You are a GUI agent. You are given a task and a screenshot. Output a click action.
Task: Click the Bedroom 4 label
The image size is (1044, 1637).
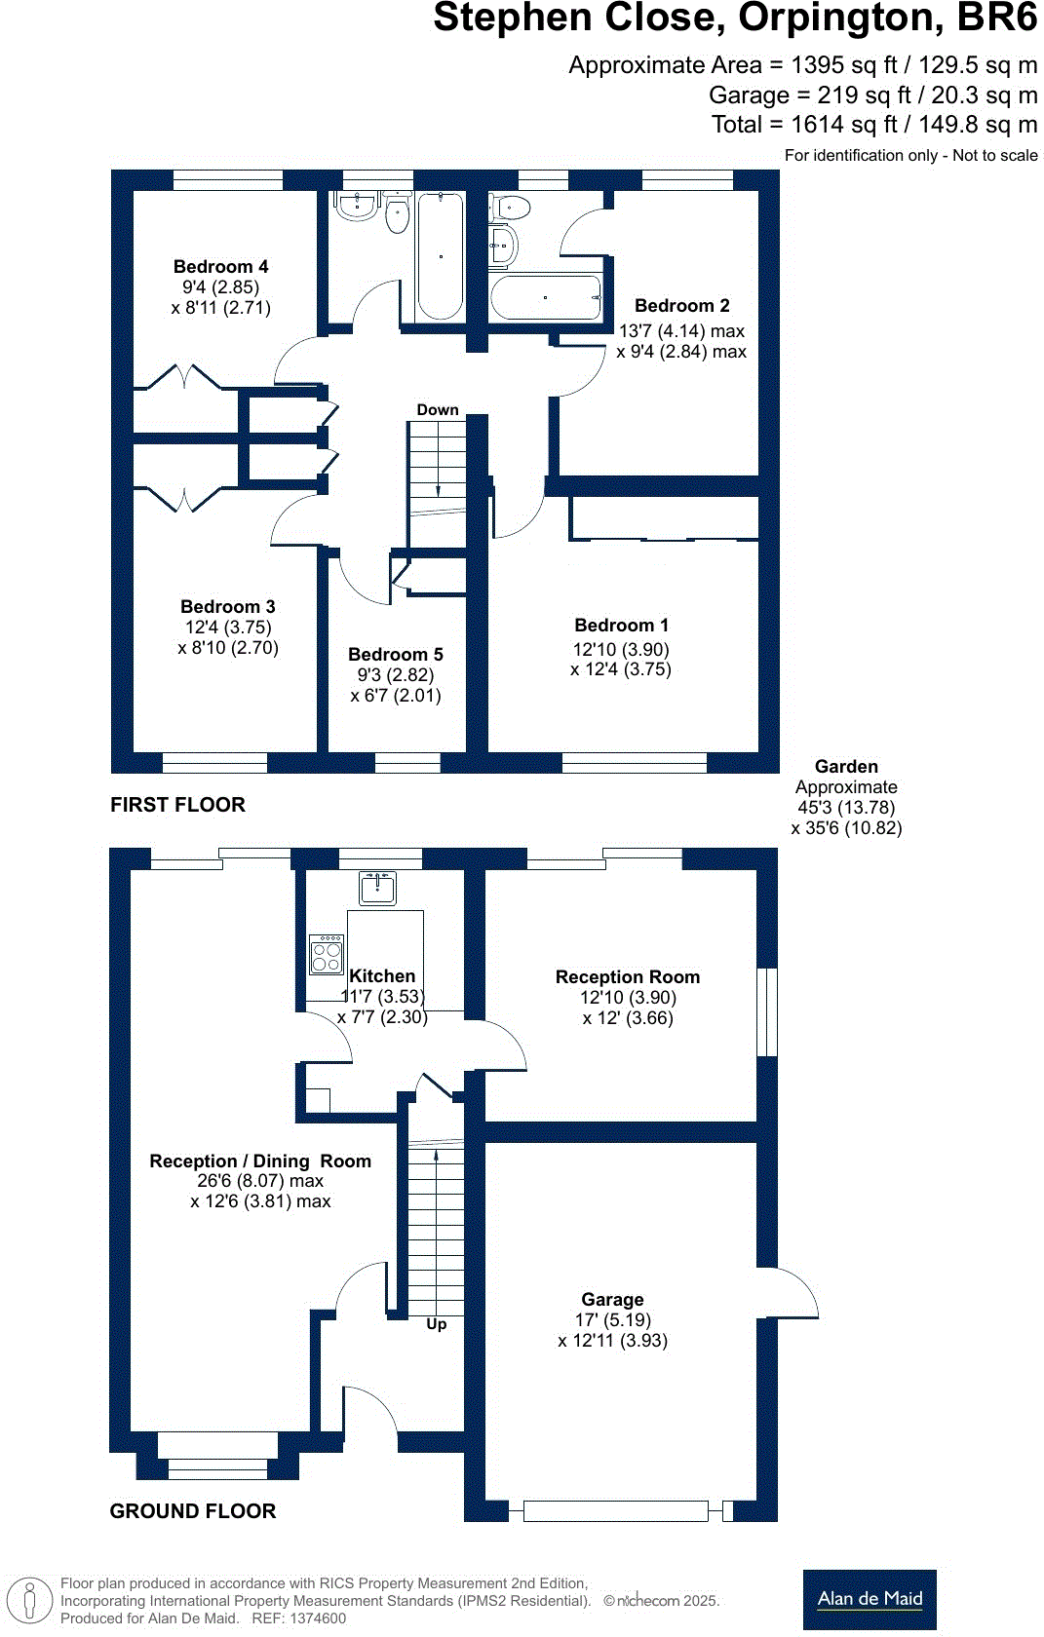[220, 266]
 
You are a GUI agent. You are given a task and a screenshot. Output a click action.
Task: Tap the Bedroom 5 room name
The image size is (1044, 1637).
[395, 654]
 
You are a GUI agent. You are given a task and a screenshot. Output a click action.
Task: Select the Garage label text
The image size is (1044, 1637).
[612, 1299]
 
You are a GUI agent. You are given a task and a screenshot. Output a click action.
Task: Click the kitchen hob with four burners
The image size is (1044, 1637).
[327, 954]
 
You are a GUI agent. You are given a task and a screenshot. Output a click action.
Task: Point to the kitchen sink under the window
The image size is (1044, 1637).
[377, 888]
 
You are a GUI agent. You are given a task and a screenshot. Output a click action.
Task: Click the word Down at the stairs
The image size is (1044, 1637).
[438, 409]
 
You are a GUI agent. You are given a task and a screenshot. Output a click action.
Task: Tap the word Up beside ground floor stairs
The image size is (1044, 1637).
[436, 1323]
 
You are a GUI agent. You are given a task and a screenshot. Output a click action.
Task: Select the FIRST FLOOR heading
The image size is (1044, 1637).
[177, 804]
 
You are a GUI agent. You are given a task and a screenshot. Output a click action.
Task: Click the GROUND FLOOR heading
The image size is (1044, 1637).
[192, 1510]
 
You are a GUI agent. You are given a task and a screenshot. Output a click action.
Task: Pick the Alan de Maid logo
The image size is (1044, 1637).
[870, 1598]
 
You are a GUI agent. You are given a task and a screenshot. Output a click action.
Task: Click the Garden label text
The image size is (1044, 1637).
[846, 766]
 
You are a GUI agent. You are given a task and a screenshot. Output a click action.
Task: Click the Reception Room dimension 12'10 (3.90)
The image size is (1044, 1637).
[628, 997]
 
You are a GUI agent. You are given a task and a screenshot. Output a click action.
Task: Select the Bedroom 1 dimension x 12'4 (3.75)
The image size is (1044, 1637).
[621, 668]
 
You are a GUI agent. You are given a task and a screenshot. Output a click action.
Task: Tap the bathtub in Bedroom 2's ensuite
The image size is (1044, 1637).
[545, 297]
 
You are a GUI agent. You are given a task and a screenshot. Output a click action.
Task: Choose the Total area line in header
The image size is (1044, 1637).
[873, 124]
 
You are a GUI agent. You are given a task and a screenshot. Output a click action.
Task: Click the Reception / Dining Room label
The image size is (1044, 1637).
[260, 1161]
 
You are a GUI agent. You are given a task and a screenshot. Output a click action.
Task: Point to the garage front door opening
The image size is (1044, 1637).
[615, 1510]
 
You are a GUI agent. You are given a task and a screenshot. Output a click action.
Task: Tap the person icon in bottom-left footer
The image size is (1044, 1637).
[30, 1600]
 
